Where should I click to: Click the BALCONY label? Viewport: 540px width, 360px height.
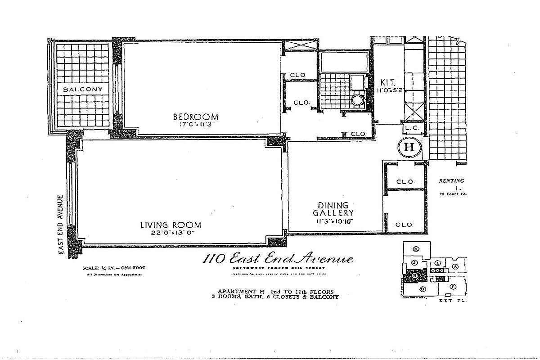83,89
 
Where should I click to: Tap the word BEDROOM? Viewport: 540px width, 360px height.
196,117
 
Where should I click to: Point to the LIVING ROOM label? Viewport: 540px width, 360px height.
171,225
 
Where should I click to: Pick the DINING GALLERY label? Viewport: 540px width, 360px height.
333,209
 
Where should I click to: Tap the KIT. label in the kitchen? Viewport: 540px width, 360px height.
387,83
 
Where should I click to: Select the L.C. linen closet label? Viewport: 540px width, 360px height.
412,128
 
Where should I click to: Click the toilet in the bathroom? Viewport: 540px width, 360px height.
358,99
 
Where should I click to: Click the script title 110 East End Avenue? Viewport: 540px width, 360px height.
278,259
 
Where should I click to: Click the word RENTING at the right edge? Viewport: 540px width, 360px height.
451,181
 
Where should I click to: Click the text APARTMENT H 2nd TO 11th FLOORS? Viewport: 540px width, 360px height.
275,291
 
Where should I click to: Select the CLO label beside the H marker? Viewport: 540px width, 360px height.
405,182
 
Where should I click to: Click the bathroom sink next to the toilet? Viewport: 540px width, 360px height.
357,82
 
